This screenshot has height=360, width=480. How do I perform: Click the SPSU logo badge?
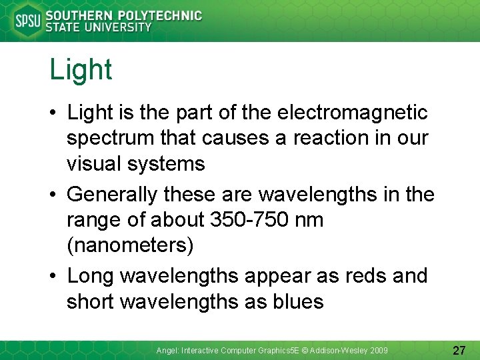tap(27, 21)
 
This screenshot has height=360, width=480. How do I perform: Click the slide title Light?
tap(81, 70)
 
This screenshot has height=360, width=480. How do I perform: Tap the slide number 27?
tap(459, 350)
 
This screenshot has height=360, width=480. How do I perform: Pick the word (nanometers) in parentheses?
tap(130, 245)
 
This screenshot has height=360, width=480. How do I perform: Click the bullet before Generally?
tap(53, 195)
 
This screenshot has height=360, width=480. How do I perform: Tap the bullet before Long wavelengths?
tap(53, 276)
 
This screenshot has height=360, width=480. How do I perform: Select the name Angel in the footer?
tap(167, 350)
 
